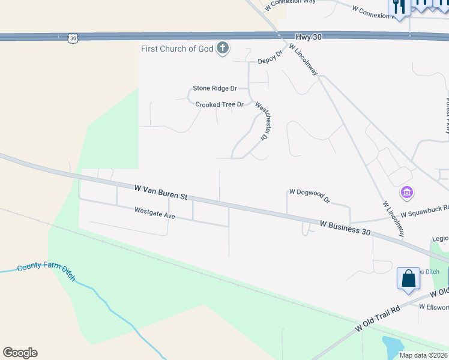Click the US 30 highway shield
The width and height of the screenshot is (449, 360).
click(73, 38)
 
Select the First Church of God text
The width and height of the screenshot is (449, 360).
click(177, 49)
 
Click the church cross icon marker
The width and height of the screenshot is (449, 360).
click(223, 48)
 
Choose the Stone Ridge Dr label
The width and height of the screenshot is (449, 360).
click(211, 88)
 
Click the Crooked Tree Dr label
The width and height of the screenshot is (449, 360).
click(219, 104)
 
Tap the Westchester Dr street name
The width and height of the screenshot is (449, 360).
click(261, 120)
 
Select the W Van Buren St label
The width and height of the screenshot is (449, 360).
click(161, 192)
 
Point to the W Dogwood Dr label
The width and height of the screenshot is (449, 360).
click(310, 195)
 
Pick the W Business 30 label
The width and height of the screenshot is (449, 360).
click(345, 227)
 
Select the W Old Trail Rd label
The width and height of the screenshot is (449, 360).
click(378, 319)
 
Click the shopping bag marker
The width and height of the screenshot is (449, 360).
click(408, 279)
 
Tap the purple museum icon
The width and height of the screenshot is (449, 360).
click(406, 193)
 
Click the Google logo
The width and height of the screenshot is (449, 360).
click(20, 353)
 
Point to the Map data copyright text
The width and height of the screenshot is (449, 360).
click(424, 355)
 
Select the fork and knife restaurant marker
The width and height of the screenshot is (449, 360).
click(399, 5)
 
